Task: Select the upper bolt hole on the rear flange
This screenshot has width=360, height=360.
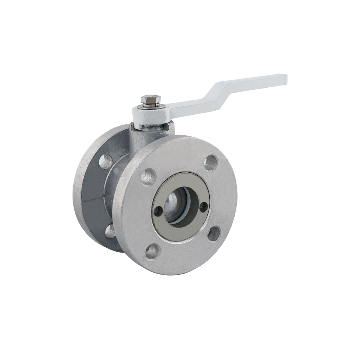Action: (105, 161)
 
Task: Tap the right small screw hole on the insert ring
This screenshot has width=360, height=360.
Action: (204, 205)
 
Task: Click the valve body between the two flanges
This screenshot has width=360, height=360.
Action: (109, 192)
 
